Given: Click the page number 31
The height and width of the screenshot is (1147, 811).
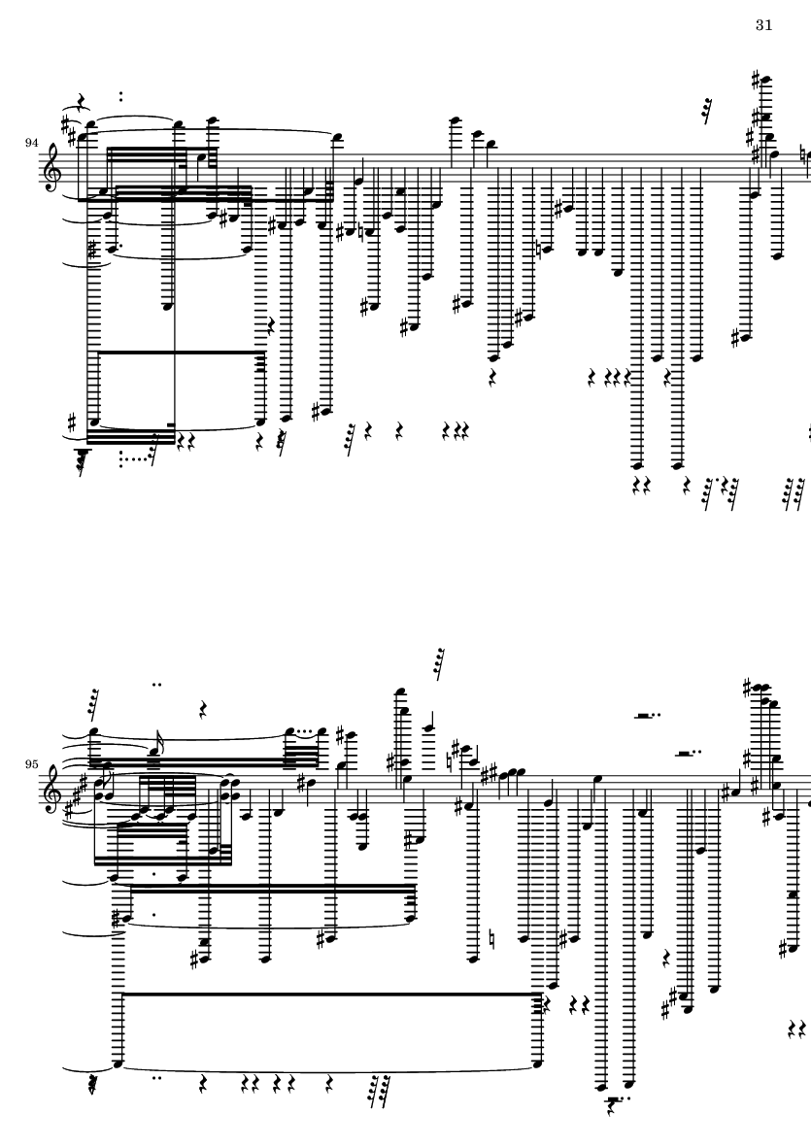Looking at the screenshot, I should click(762, 25).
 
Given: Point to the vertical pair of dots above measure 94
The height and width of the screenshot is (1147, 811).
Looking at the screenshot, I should click(121, 96).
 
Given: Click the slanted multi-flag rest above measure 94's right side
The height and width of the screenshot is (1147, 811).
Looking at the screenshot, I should click(708, 110).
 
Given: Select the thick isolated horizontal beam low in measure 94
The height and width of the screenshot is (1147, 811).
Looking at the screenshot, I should click(180, 353).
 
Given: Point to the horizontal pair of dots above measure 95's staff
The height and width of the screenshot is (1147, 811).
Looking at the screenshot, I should click(156, 684).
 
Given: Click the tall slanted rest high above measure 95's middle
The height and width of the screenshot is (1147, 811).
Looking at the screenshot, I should click(439, 664).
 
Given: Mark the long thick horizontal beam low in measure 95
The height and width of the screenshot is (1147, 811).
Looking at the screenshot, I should click(330, 994).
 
